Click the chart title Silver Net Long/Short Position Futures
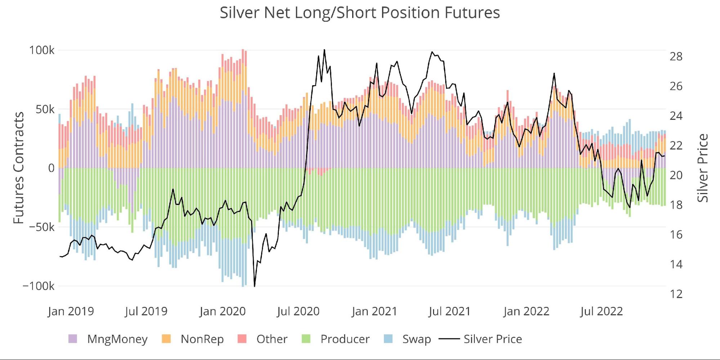[360, 13]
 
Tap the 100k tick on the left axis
[42, 50]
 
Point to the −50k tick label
[39, 227]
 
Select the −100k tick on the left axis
[38, 286]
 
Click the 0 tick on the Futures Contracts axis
[51, 168]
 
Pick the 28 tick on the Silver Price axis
[676, 57]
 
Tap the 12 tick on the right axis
[676, 294]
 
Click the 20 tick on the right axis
[676, 175]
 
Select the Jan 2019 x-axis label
[71, 311]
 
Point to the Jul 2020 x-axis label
[298, 311]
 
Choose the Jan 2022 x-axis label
[526, 311]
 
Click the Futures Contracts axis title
[19, 168]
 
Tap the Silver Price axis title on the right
[703, 168]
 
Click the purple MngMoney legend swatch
[73, 339]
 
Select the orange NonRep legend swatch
[166, 339]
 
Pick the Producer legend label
[345, 339]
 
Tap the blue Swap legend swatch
[388, 339]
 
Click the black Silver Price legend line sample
[449, 339]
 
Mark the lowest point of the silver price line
[255, 287]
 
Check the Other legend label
[272, 339]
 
